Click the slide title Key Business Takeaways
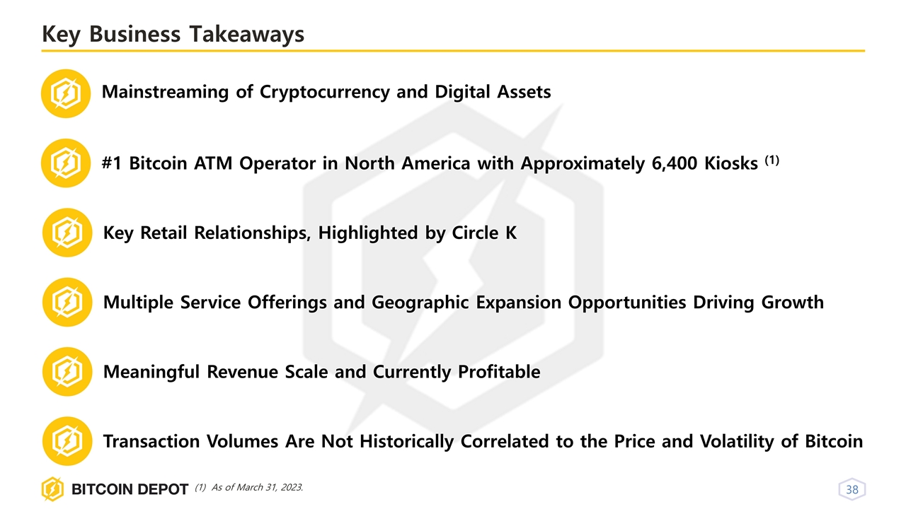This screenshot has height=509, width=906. (x=173, y=34)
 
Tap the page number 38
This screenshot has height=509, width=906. (x=852, y=489)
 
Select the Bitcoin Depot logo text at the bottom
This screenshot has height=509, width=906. (x=129, y=489)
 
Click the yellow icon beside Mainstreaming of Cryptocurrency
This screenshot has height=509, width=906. (x=66, y=93)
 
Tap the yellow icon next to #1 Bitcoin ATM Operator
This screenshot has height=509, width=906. (x=66, y=163)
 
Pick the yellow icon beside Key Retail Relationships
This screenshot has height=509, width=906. (x=67, y=233)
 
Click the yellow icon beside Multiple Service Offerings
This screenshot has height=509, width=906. (x=67, y=302)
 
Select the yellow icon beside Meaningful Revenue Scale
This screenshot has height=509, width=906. (x=67, y=372)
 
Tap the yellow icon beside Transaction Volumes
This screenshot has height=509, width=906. (x=67, y=441)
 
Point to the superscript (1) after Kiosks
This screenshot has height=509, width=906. (x=772, y=160)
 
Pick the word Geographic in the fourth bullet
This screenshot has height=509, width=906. (x=418, y=303)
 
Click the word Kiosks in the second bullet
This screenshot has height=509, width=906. (x=730, y=163)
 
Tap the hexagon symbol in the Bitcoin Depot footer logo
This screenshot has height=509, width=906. (x=52, y=489)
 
